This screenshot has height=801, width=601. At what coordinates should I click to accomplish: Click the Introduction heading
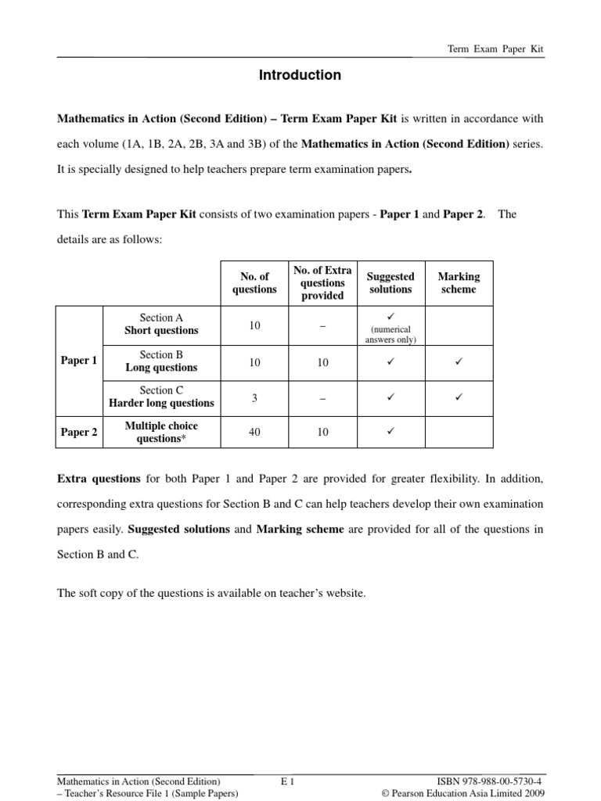pyautogui.click(x=300, y=75)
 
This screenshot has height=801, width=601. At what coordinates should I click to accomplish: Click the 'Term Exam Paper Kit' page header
pyautogui.click(x=495, y=48)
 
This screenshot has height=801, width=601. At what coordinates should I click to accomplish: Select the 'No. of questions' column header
pyautogui.click(x=254, y=283)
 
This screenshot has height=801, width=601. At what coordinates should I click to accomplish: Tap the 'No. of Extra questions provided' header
pyautogui.click(x=322, y=283)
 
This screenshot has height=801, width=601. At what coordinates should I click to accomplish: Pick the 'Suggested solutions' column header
pyautogui.click(x=390, y=283)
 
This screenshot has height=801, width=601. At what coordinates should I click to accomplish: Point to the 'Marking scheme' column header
pyautogui.click(x=459, y=283)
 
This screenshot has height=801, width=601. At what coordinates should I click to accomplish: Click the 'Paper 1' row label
pyautogui.click(x=79, y=361)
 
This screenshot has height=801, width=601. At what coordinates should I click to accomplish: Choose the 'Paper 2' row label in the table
pyautogui.click(x=79, y=433)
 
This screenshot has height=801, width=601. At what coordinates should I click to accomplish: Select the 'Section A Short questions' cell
pyautogui.click(x=161, y=325)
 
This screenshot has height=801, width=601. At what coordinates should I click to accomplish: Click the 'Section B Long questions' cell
pyautogui.click(x=161, y=361)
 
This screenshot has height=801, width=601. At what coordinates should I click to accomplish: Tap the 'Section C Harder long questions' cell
pyautogui.click(x=161, y=397)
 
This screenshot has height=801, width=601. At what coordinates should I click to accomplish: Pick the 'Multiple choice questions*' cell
pyautogui.click(x=161, y=432)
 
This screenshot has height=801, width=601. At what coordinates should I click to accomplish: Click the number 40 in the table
pyautogui.click(x=254, y=433)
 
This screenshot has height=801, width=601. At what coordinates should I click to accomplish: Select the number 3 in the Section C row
pyautogui.click(x=254, y=397)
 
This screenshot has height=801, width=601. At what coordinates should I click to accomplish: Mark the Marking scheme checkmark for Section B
pyautogui.click(x=459, y=362)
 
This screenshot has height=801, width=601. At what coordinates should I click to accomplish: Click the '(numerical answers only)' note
pyautogui.click(x=390, y=335)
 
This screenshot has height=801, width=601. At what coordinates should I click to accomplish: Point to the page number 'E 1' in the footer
pyautogui.click(x=286, y=781)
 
